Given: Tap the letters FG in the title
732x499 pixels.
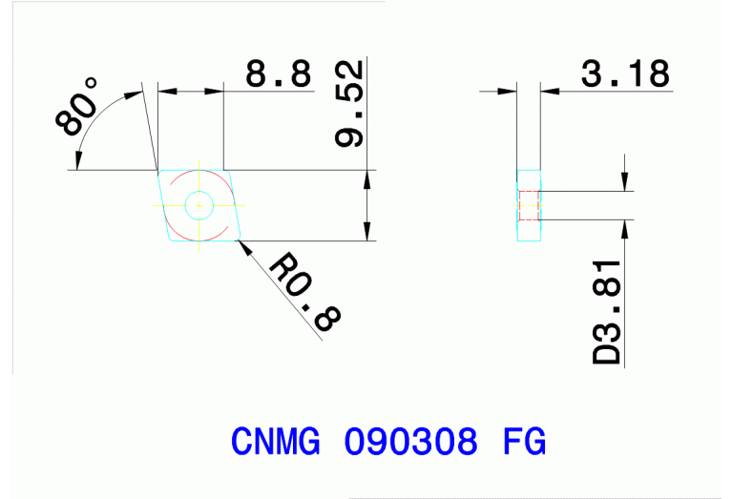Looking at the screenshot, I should (x=523, y=442).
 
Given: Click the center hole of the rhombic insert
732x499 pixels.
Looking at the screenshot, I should (x=199, y=205).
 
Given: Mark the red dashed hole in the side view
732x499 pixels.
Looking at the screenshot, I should (x=529, y=205).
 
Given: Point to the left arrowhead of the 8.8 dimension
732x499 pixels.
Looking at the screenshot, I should (x=167, y=92).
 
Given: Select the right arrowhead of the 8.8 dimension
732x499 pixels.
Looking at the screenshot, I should (x=215, y=92).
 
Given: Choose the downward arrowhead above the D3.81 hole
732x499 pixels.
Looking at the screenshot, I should (x=624, y=183).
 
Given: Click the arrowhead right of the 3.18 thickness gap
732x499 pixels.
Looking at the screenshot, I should (x=548, y=92).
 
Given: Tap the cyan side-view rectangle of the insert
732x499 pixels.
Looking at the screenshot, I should (x=529, y=229).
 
